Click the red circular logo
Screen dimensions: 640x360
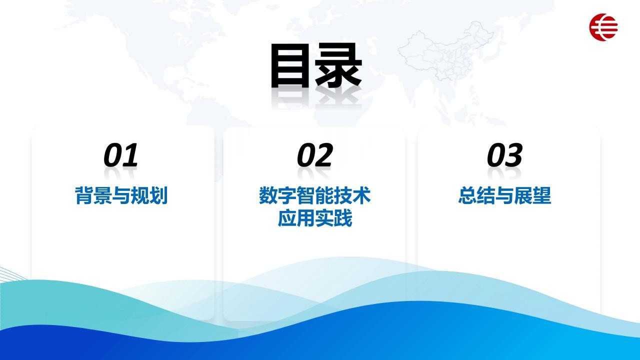click(603, 27)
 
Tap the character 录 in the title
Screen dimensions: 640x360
click(338, 65)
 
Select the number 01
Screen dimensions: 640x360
click(121, 155)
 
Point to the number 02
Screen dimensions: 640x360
click(315, 155)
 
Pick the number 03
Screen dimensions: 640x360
click(505, 155)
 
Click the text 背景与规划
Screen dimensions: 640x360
click(121, 195)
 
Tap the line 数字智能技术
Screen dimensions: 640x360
click(315, 195)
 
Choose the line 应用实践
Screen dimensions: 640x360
click(315, 218)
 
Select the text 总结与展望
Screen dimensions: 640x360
click(505, 195)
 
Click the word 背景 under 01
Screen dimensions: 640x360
click(93, 195)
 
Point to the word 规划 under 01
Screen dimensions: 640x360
click(149, 195)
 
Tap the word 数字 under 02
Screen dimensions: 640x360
click(277, 195)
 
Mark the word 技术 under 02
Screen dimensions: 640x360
click(352, 195)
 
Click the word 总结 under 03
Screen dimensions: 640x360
click(477, 195)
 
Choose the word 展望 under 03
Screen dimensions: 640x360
click(533, 195)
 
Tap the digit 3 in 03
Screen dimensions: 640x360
click(513, 155)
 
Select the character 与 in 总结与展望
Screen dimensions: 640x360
click(505, 195)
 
